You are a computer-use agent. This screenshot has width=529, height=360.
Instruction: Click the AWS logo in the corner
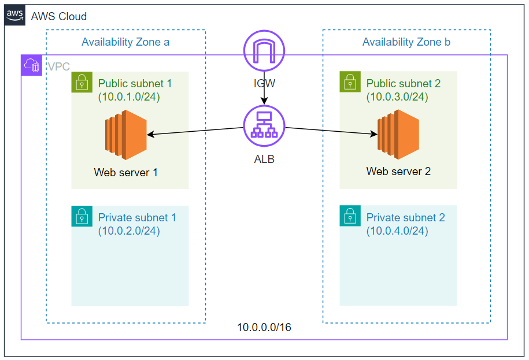point(15,15)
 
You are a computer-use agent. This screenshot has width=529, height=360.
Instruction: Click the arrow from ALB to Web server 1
point(194,131)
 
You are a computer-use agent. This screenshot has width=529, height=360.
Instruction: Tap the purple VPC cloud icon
point(32,65)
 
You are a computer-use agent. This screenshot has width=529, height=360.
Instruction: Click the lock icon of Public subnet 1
point(82,82)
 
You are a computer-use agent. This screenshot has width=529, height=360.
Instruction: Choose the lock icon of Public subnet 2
point(350,82)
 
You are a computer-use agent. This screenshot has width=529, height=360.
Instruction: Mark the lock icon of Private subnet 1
point(82,216)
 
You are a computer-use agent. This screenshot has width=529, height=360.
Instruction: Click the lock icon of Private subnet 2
point(350,216)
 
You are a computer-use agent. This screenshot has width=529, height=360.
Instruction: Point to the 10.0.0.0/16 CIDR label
point(264,328)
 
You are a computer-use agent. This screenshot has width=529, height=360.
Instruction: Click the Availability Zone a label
point(125,42)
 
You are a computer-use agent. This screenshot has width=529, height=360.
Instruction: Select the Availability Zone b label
point(406,42)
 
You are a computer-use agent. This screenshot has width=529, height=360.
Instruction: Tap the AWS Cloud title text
point(59,16)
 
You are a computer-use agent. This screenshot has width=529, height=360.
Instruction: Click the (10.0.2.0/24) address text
point(129,231)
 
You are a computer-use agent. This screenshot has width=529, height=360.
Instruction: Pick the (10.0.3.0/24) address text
point(397,97)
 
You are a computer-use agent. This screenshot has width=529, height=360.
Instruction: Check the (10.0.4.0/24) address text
point(397,231)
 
